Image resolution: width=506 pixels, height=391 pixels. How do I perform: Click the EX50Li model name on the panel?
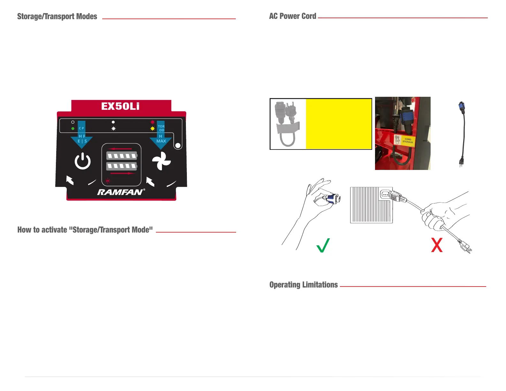[120, 106]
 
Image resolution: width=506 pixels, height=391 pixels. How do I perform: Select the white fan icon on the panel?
[161, 161]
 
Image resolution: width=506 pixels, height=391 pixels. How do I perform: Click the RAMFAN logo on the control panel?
[121, 192]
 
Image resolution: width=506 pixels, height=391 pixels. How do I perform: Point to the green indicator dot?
[73, 128]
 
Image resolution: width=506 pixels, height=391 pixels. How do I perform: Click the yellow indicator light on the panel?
[152, 129]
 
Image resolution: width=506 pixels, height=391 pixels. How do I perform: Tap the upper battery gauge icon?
[122, 156]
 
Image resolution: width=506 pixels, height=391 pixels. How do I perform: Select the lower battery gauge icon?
[122, 166]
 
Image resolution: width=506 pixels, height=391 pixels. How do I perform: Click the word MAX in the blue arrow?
[161, 141]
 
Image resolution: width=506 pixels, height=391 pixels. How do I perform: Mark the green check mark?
[323, 245]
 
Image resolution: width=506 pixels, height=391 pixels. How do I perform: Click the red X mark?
[437, 245]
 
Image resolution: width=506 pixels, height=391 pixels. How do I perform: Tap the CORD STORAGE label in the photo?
[408, 141]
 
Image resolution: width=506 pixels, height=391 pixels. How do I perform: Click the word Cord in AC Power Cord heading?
[309, 16]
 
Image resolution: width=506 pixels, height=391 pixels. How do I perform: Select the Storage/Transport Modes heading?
[57, 17]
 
